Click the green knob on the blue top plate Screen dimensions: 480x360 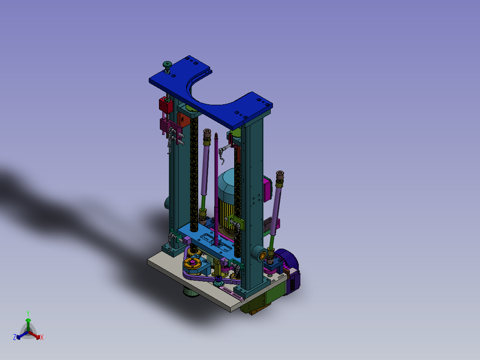167,64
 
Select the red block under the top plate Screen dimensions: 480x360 166,105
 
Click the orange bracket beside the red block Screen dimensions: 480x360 183,119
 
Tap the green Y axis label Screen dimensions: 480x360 28,313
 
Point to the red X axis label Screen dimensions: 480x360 42,337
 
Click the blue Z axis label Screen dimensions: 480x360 14,337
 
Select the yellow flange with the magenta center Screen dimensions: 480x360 192,263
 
